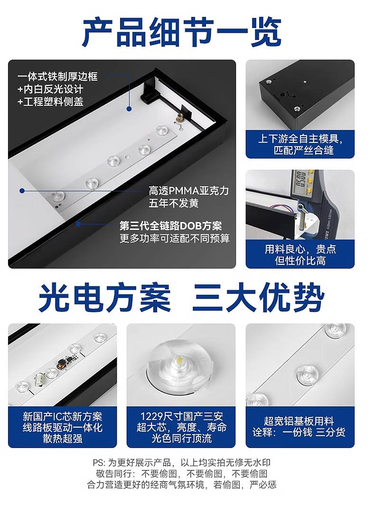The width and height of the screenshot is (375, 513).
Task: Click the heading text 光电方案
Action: pyautogui.click(x=105, y=298)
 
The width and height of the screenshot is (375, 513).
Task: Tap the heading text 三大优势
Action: pyautogui.click(x=258, y=298)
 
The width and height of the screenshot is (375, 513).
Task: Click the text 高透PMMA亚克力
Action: pyautogui.click(x=189, y=190)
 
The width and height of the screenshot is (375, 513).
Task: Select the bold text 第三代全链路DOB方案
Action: pyautogui.click(x=170, y=226)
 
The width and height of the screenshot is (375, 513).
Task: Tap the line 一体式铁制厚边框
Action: pyautogui.click(x=57, y=76)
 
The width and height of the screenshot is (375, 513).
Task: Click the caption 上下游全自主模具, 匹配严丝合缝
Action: pyautogui.click(x=300, y=144)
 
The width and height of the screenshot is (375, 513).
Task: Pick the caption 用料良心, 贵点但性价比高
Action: pyautogui.click(x=300, y=254)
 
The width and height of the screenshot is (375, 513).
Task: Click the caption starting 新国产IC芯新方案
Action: pyautogui.click(x=62, y=427)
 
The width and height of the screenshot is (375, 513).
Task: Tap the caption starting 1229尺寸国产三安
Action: pyautogui.click(x=181, y=427)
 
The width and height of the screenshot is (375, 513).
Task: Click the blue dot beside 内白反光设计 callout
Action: pyautogui.click(x=129, y=109)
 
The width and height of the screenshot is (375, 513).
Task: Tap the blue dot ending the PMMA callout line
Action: pyautogui.click(x=22, y=190)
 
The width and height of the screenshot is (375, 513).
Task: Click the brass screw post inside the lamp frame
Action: pyautogui.click(x=178, y=117)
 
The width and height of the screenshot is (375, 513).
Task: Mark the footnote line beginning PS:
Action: pyautogui.click(x=182, y=463)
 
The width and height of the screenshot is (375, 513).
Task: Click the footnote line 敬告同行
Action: pyautogui.click(x=182, y=474)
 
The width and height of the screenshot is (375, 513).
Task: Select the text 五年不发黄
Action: pyautogui.click(x=174, y=203)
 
